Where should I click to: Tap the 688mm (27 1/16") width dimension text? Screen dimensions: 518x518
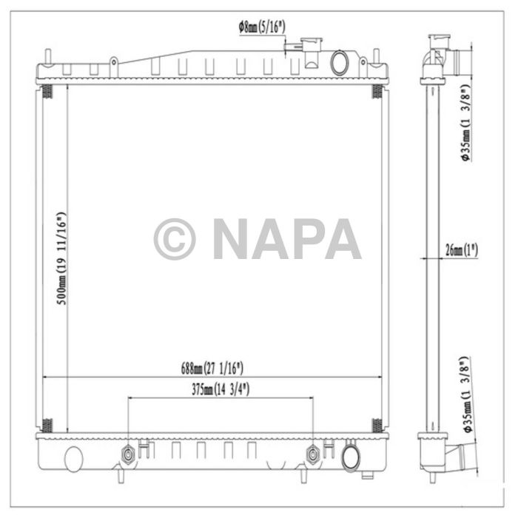[212, 367]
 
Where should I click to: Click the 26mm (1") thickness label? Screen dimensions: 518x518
[462, 249]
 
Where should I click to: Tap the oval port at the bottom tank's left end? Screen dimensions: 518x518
[73, 459]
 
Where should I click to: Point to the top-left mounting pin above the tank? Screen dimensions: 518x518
[48, 57]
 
